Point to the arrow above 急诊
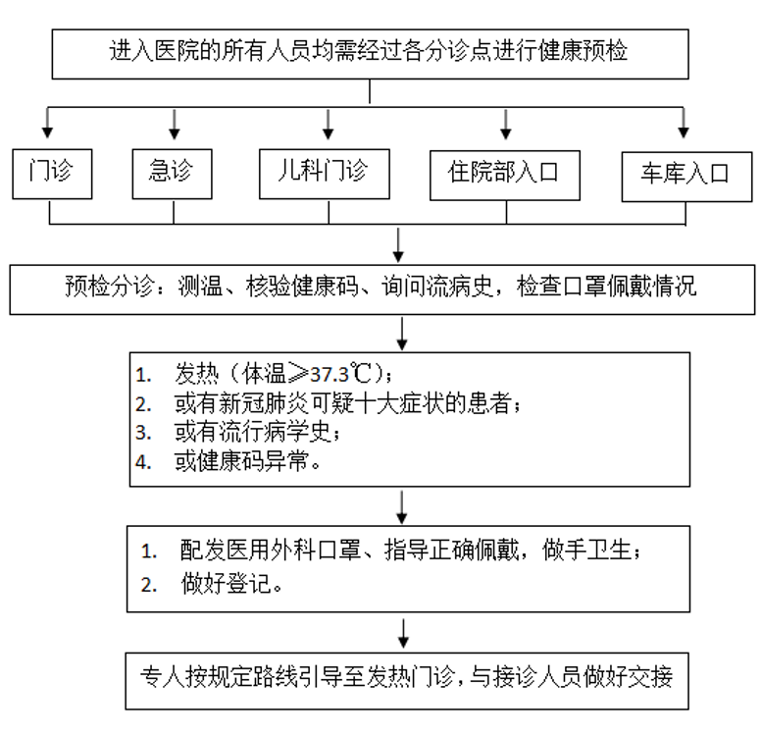(x=174, y=124)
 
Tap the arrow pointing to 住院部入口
(x=506, y=124)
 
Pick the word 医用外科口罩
(x=277, y=551)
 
